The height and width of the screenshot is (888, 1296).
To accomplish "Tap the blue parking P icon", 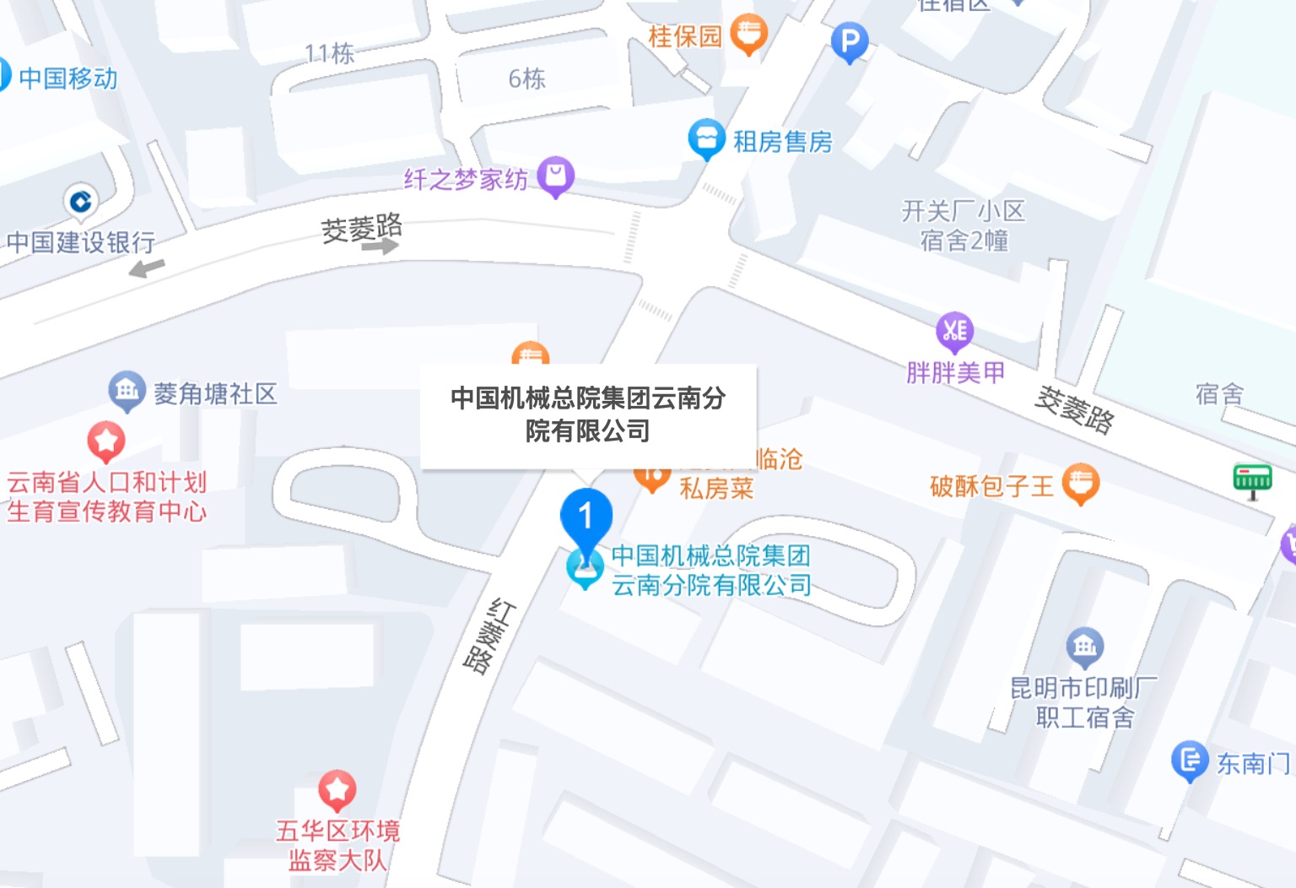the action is tap(849, 41).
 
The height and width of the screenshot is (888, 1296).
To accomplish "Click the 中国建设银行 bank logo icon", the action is tap(81, 202).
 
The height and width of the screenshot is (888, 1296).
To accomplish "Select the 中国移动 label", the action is tap(67, 79).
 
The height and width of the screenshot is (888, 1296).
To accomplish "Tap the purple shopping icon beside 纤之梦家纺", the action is tap(555, 176).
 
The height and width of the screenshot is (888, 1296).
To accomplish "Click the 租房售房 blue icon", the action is tap(706, 139).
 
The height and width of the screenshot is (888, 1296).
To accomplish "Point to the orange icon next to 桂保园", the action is tap(748, 35).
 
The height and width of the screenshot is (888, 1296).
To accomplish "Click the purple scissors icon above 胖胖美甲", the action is tap(954, 331).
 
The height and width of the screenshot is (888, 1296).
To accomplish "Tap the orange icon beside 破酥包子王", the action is tap(1081, 484).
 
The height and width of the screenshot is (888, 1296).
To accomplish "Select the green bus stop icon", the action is tap(1251, 479).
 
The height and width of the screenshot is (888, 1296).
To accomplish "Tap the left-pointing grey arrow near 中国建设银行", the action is tap(147, 268).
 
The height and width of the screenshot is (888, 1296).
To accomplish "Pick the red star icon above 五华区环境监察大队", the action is tap(337, 790).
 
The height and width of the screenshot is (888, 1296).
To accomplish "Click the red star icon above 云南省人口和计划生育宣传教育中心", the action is tap(106, 441).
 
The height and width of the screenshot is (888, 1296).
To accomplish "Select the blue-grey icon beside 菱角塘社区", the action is tap(127, 391).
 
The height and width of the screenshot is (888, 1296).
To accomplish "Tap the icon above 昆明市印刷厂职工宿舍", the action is tap(1085, 647).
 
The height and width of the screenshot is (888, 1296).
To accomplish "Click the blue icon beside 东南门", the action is tap(1190, 761).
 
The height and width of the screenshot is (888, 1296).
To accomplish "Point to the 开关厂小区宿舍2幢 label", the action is tap(964, 225).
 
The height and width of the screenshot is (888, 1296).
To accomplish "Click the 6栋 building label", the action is tap(526, 79).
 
